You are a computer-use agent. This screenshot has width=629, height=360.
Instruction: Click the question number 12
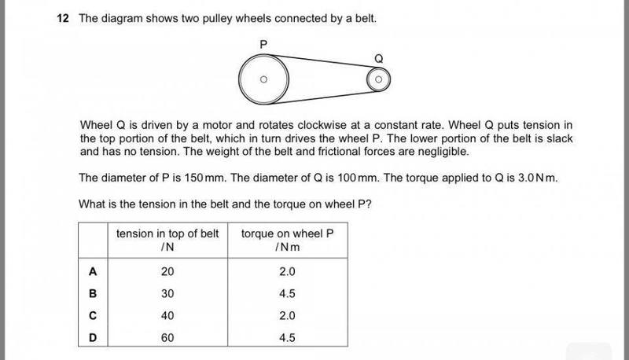(64, 17)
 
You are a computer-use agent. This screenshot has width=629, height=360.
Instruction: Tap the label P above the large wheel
(265, 46)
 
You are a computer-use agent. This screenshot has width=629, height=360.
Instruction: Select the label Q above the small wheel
(378, 57)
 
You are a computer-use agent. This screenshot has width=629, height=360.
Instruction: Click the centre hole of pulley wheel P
(264, 79)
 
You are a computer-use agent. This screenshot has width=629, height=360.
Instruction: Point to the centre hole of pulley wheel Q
(378, 79)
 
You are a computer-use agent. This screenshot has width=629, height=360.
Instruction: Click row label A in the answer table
(93, 272)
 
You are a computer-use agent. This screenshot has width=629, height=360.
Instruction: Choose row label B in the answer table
(93, 294)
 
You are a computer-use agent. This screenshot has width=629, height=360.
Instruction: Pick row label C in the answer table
(93, 316)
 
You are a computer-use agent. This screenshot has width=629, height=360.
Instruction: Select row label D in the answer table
(93, 338)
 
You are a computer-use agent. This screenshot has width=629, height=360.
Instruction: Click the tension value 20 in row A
(167, 272)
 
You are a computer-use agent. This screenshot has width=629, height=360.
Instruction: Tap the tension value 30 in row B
(167, 294)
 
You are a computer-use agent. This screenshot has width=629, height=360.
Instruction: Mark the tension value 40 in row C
(167, 316)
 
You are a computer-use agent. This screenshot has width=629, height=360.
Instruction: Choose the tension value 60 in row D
(167, 338)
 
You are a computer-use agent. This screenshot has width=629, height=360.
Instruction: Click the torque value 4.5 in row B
(286, 294)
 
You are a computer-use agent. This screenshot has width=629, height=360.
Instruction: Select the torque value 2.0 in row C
(286, 316)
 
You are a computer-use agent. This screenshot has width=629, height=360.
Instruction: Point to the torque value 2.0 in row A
(286, 272)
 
